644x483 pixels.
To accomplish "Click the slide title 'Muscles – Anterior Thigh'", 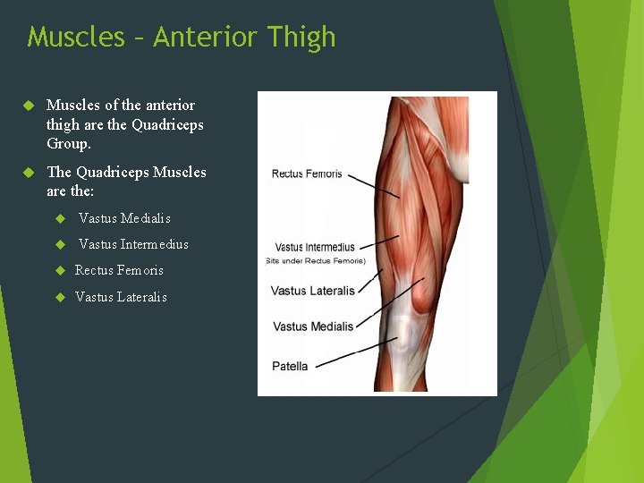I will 182,37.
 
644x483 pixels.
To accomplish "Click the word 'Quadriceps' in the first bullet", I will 167,124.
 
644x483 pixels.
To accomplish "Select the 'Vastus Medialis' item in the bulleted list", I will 124,218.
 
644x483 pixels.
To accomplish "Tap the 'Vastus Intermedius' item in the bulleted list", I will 133,244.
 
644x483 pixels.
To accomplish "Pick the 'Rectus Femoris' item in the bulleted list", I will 119,270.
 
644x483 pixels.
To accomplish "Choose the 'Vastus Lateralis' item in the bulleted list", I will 121,297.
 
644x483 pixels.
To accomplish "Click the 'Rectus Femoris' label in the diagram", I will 306,174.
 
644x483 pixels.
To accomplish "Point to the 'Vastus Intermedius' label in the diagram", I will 314,247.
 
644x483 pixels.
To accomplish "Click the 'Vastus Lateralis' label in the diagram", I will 312,291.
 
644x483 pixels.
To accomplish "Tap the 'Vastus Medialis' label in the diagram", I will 312,326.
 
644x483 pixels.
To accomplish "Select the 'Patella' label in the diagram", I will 290,366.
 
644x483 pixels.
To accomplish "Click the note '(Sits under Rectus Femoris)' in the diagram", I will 315,260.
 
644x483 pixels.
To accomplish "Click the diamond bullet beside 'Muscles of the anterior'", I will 28,106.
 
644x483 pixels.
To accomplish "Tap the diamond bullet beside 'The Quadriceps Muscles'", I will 28,172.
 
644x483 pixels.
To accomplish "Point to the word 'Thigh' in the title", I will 301,37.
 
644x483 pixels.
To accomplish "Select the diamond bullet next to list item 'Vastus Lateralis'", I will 61,297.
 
